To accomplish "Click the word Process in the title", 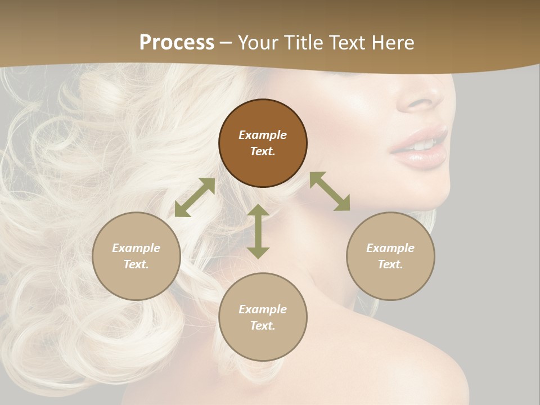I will tap(177, 43).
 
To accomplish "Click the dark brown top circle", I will tap(263, 143).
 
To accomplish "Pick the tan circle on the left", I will tap(136, 256).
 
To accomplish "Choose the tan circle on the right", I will tap(390, 256).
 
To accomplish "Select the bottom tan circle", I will tap(263, 317).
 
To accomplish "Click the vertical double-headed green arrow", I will tap(258, 231).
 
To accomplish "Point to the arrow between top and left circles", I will tap(195, 197).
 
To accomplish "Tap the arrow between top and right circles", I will tap(330, 191).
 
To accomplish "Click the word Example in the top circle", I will tap(263, 135).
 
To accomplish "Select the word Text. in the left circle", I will tap(136, 264).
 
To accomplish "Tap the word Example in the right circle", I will tap(390, 248).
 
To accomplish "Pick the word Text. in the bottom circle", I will tap(263, 326).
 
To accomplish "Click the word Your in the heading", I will tap(258, 43).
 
